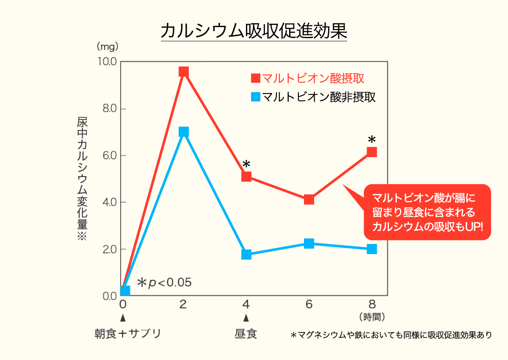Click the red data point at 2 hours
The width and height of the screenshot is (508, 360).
coord(183,72)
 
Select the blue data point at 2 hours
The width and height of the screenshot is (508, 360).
coord(183,132)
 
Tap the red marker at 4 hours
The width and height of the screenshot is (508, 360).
coord(246,176)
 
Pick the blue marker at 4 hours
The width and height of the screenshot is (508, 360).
coord(246,255)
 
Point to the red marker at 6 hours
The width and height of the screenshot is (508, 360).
coord(309,199)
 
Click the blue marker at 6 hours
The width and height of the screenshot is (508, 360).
coord(309,244)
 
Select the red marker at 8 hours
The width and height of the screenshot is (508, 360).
coord(372,152)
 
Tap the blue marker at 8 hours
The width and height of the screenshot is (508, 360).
coord(372,249)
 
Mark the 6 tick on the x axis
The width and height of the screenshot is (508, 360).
coord(309,304)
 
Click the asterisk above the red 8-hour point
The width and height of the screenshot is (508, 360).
coord(372,139)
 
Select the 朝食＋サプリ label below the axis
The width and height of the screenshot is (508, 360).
coord(127,334)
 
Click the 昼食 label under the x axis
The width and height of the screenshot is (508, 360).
coord(246,334)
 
